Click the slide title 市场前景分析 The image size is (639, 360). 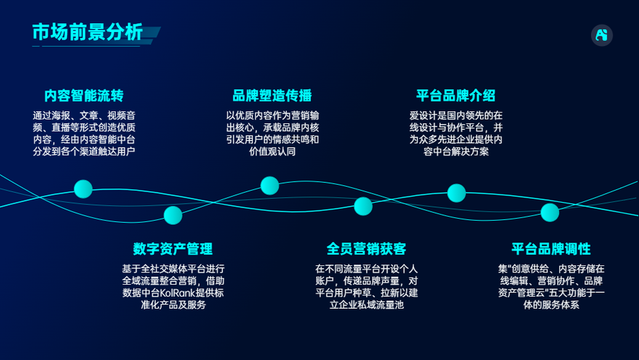[x=88, y=32]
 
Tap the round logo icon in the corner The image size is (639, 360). [x=601, y=35]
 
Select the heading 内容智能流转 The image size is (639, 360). [x=84, y=96]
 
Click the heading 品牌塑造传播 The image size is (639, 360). [x=272, y=96]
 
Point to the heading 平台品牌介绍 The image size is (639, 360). [x=456, y=96]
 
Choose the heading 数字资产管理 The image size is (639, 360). [x=173, y=249]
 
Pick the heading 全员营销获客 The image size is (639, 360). [x=366, y=249]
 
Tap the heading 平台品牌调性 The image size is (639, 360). [x=551, y=249]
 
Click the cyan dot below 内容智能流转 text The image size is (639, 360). [x=83, y=189]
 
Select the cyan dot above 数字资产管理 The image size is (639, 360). [x=173, y=215]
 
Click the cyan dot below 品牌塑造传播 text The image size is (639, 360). [x=270, y=185]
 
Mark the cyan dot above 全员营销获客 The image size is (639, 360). [x=363, y=207]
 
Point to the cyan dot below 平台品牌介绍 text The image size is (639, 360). [x=456, y=193]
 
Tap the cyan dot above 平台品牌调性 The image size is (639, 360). [x=550, y=212]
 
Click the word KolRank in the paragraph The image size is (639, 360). [x=178, y=293]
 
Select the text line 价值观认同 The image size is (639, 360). [x=272, y=152]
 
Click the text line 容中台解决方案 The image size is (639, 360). [x=456, y=152]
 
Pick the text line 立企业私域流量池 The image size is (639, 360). [x=366, y=305]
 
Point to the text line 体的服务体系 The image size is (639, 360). [x=551, y=305]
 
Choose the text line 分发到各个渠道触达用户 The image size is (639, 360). [x=84, y=152]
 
